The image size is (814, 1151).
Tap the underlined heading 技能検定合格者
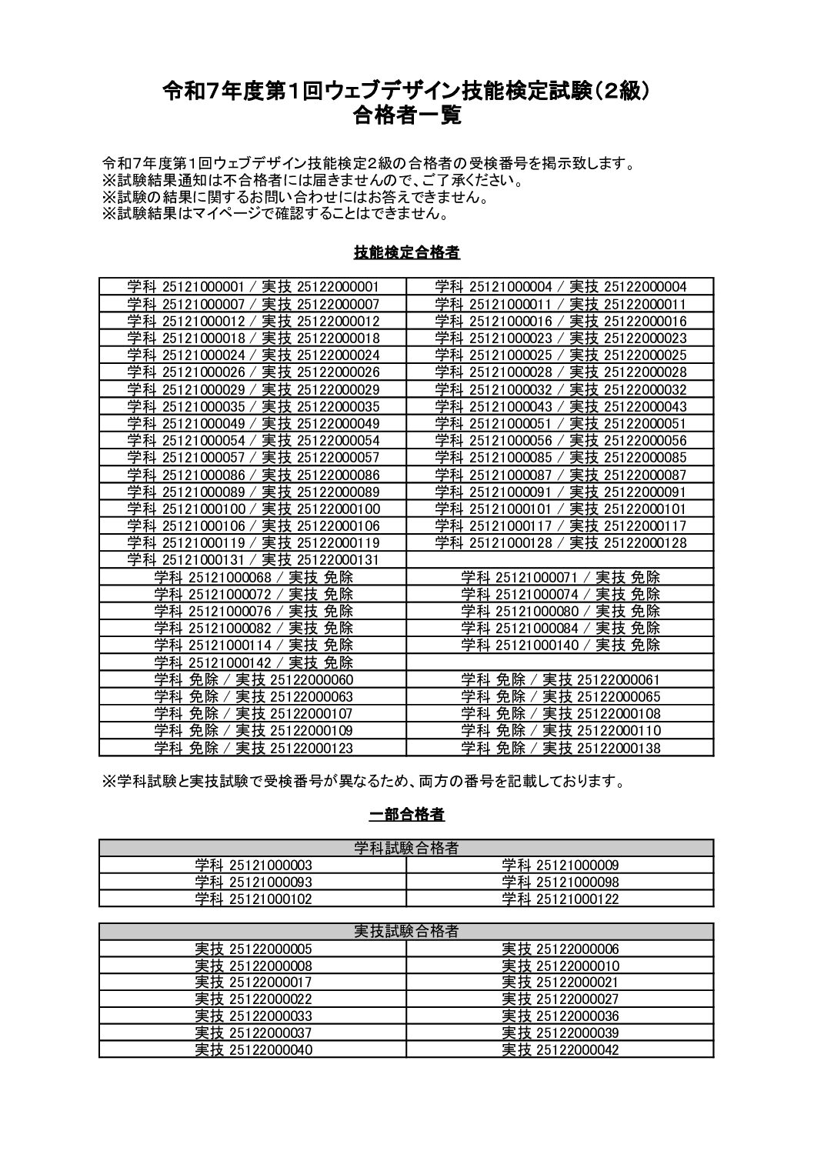point(407,252)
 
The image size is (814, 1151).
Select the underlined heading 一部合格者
point(407,814)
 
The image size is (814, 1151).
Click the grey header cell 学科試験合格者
point(406,848)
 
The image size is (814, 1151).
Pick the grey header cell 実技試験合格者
point(406,932)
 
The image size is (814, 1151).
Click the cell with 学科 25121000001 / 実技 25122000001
point(253,287)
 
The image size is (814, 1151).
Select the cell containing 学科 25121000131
point(253,559)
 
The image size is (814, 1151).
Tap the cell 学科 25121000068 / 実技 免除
point(253,576)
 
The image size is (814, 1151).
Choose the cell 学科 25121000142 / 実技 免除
point(253,662)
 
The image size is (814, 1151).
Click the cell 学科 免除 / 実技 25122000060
point(253,679)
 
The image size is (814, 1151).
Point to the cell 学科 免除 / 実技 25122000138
point(560,747)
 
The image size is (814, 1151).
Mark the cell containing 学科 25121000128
point(560,542)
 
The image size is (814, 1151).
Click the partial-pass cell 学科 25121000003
point(253,865)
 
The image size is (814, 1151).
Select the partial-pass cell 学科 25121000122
point(560,899)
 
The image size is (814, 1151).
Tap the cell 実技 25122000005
point(253,949)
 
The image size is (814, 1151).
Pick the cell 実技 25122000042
point(560,1049)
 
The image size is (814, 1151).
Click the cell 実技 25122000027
point(560,999)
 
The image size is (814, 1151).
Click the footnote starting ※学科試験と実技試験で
point(362,782)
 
